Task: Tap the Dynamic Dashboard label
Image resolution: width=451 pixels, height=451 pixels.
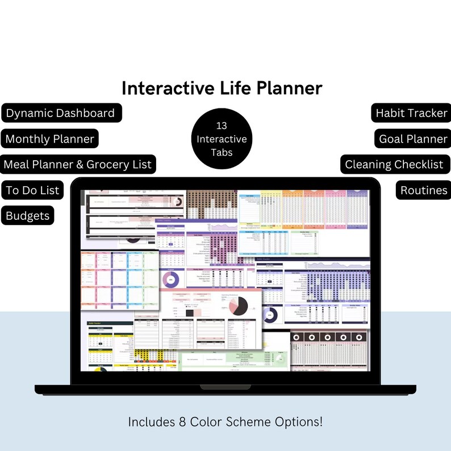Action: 60,113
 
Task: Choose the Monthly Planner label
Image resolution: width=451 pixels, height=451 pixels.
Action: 50,139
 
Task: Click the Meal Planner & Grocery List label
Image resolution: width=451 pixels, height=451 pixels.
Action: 78,165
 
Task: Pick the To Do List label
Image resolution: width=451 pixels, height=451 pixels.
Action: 33,190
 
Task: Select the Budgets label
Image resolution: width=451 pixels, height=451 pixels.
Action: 28,216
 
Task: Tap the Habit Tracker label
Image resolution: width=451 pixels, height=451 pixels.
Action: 411,113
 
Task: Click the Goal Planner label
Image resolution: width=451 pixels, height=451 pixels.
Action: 414,139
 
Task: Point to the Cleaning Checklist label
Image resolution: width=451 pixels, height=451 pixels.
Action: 394,165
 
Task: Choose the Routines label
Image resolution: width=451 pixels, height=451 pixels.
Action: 424,190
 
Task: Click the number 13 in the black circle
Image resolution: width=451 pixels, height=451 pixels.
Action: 222,126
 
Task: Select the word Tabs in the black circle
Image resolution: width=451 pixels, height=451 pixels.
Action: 222,152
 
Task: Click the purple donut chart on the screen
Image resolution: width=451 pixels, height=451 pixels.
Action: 170,279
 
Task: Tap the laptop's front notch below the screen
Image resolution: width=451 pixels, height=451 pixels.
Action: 225,387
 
